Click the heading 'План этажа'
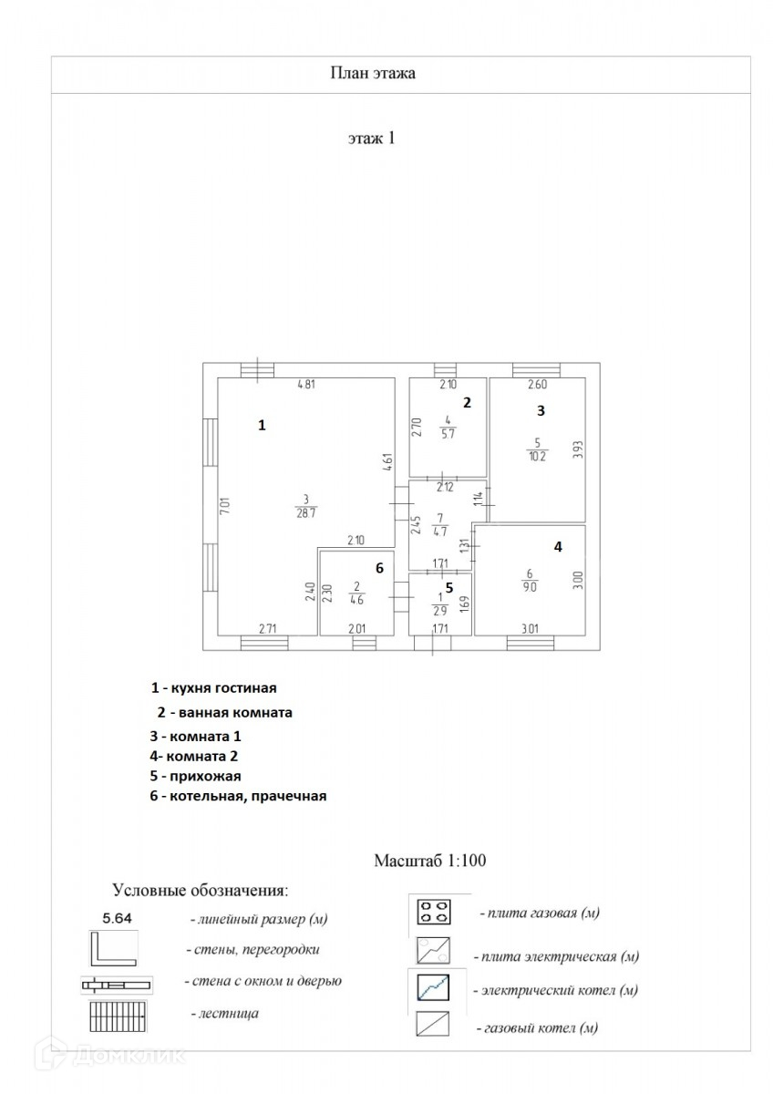click(x=372, y=74)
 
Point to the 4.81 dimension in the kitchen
click(x=306, y=385)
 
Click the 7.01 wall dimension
click(x=224, y=509)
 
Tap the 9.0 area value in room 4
click(x=530, y=587)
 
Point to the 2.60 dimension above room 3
click(x=537, y=385)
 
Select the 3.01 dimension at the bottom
click(x=530, y=627)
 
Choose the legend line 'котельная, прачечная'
click(x=239, y=796)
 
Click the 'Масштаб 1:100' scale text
click(x=433, y=860)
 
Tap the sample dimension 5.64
click(x=117, y=918)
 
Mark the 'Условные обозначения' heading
click(x=200, y=889)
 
